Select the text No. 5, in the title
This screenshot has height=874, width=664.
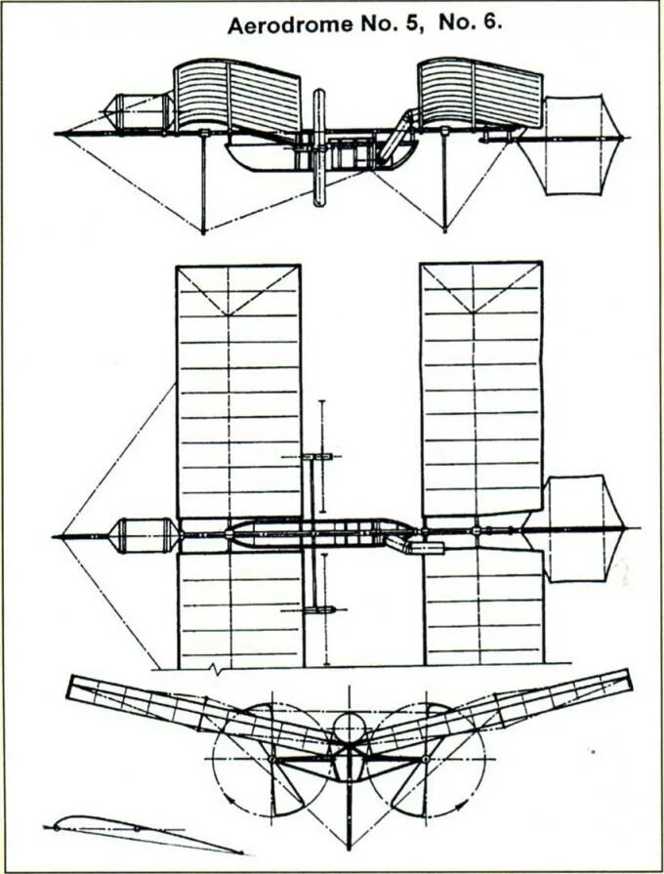point(384,25)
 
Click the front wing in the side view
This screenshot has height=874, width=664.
point(236,98)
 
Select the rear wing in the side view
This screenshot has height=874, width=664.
point(479,93)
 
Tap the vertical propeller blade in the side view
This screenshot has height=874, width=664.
point(318,146)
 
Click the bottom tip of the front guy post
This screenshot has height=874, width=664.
point(203,231)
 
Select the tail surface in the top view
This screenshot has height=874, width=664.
point(581,526)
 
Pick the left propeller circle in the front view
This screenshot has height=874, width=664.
point(272,759)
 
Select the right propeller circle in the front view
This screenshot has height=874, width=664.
point(426,759)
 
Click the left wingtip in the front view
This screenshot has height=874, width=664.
point(72,687)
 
